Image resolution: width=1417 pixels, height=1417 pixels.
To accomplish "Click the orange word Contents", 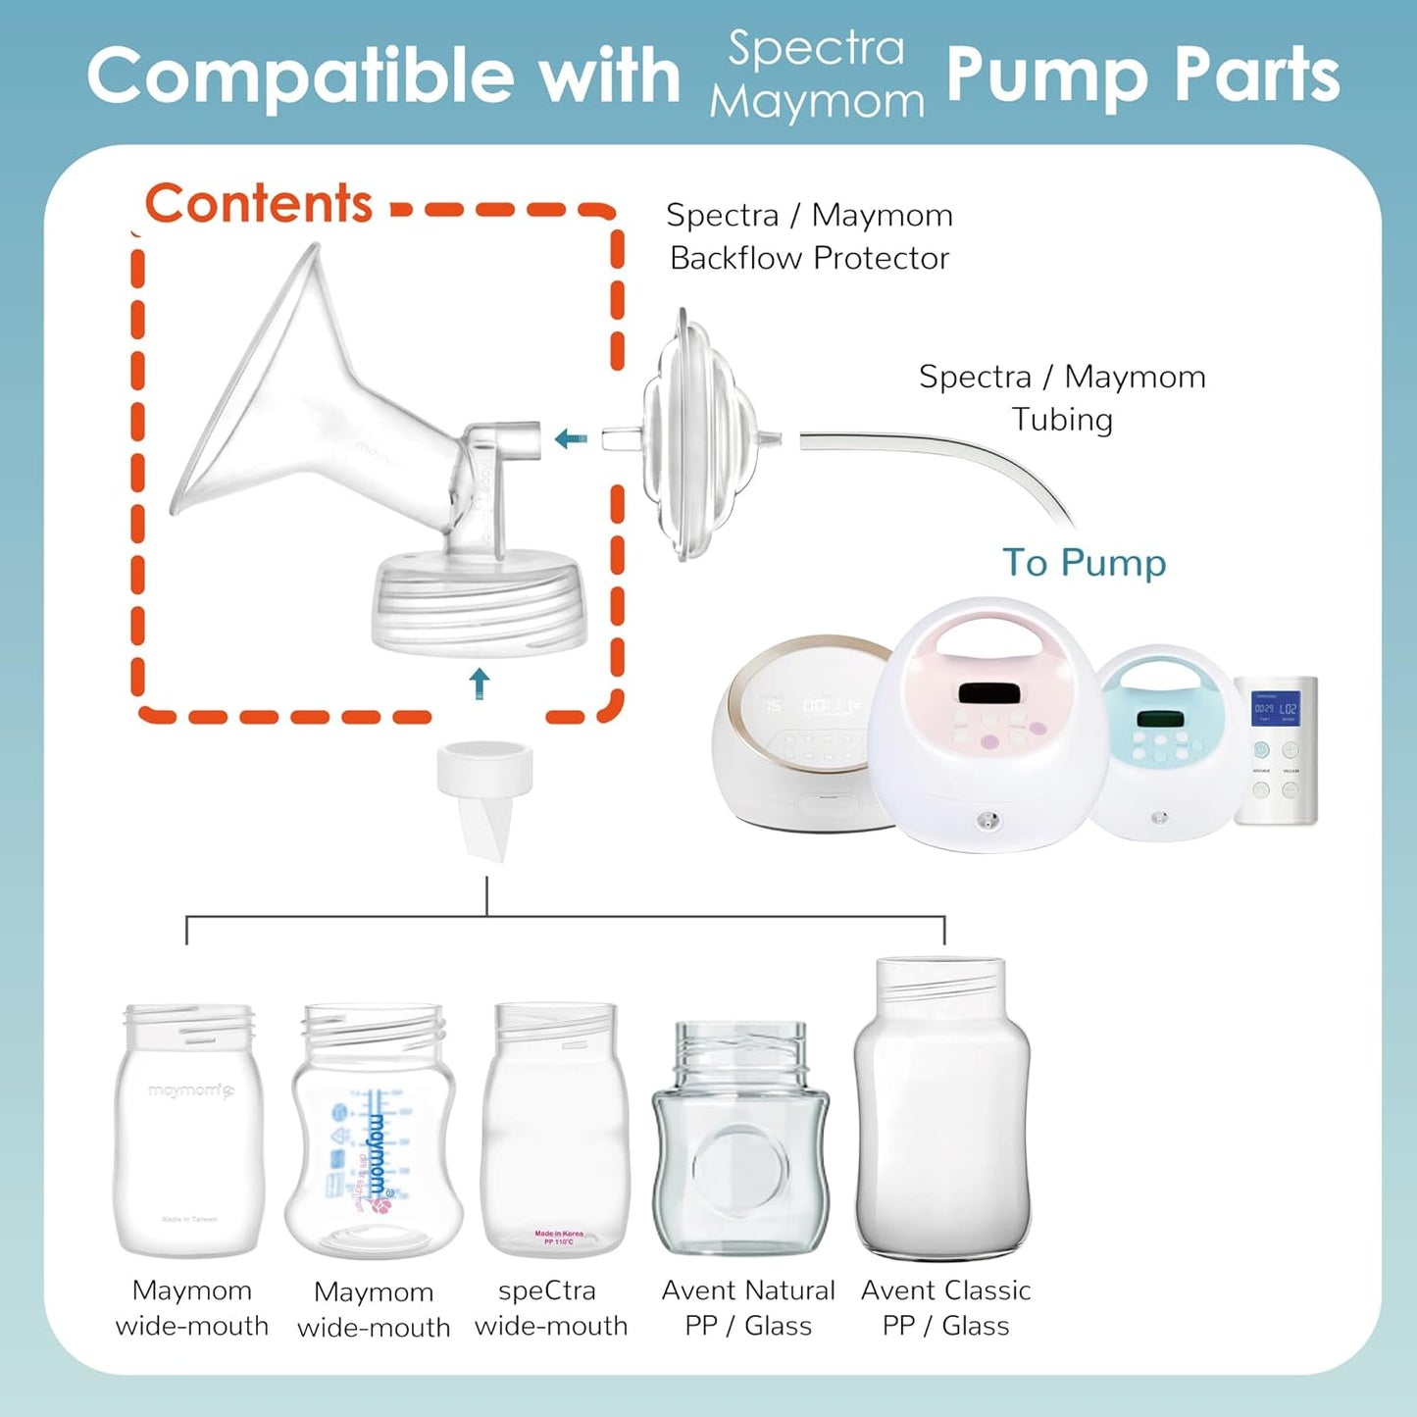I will pos(259,204).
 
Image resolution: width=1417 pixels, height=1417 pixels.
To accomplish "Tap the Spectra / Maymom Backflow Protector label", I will pos(809,236).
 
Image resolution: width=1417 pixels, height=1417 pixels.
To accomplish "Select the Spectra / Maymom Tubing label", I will pos(1062,397).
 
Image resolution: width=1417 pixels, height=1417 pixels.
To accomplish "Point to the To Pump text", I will pos(1084,563).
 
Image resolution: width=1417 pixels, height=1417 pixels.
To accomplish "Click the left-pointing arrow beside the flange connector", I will pos(571,438).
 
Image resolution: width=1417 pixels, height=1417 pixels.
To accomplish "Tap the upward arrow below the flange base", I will pos(479,683).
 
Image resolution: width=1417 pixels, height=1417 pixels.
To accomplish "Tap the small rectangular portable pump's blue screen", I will pos(1276,707).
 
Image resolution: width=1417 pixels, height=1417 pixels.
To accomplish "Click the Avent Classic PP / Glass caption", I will pos(945,1307).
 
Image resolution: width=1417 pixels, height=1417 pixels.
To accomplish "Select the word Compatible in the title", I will pos(298,76).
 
